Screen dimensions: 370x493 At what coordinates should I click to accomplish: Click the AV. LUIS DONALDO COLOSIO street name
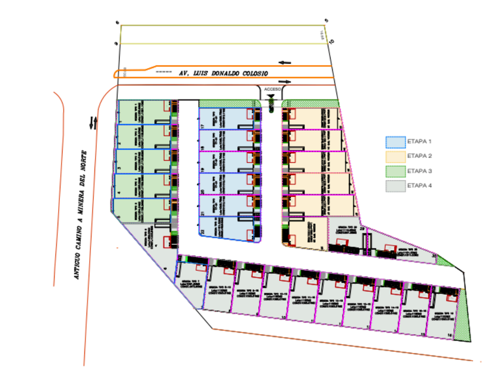click(223, 73)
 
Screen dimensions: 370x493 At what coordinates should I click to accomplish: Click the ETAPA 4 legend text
click(419, 186)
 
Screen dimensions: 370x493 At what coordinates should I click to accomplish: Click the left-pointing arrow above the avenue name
click(285, 62)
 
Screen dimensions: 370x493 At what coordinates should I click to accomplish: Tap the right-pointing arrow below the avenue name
click(285, 82)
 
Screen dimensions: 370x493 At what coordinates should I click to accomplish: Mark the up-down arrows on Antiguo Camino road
click(93, 123)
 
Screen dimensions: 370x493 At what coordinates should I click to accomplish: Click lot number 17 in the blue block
click(202, 126)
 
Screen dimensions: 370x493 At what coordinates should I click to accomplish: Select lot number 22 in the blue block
click(202, 233)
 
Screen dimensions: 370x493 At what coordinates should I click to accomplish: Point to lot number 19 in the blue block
click(202, 170)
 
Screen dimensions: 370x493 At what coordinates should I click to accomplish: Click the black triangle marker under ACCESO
click(271, 95)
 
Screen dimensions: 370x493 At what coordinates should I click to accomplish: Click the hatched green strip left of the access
click(229, 103)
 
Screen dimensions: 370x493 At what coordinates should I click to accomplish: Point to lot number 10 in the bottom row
click(283, 318)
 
